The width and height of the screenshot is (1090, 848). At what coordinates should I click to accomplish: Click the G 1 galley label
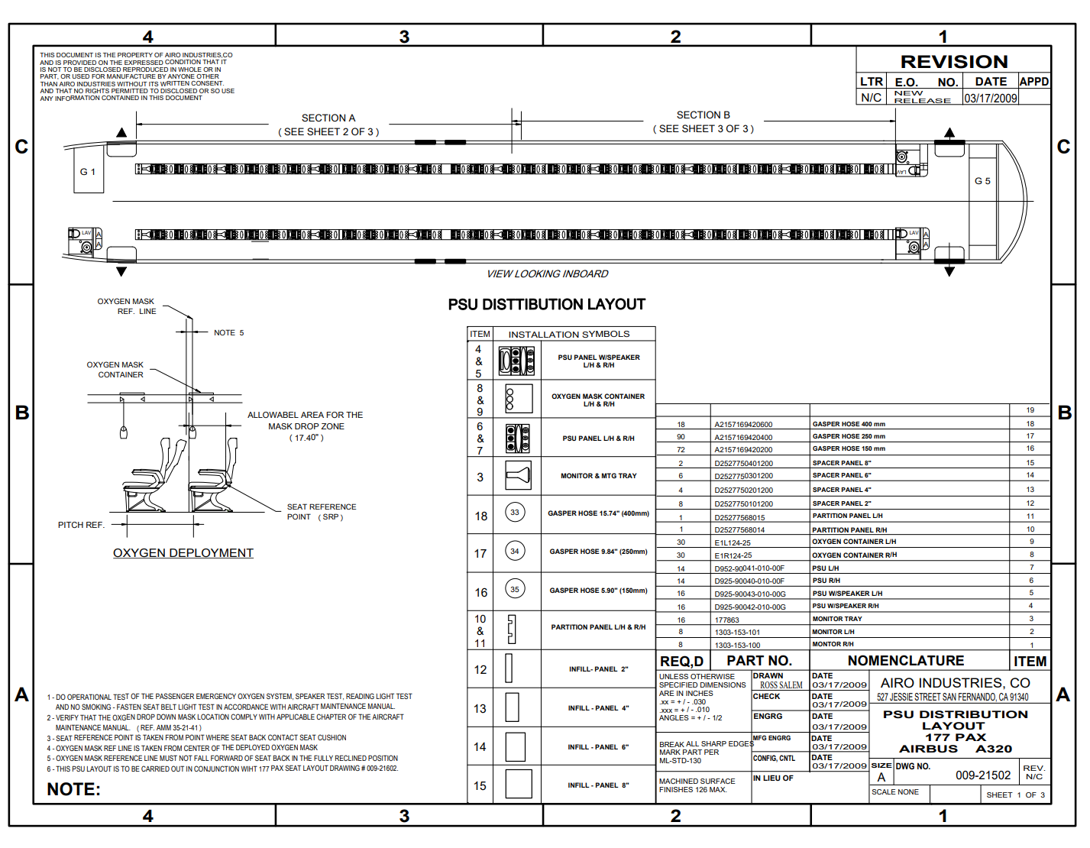[88, 172]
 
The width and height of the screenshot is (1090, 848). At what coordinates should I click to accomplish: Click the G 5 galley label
[982, 181]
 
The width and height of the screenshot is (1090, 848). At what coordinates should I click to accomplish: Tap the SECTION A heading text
[328, 118]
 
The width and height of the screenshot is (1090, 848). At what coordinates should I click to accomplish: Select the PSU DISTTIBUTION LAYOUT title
[547, 305]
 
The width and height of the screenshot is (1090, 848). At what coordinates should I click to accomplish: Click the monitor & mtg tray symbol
[517, 475]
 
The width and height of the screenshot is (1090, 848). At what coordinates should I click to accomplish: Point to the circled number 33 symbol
[515, 513]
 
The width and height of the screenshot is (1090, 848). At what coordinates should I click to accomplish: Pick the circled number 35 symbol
[515, 589]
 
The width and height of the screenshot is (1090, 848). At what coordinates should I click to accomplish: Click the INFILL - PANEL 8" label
[598, 785]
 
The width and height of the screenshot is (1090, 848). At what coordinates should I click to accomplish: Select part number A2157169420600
[743, 425]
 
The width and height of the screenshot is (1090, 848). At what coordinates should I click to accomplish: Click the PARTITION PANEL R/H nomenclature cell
[849, 530]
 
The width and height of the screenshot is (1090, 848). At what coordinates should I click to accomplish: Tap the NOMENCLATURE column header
[905, 661]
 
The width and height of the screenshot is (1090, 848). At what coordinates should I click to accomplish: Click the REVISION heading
[954, 62]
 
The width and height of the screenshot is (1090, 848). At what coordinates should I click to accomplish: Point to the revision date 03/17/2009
[991, 99]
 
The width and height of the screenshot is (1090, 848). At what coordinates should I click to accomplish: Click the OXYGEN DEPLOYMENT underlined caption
[183, 553]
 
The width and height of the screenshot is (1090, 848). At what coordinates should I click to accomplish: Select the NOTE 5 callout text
[228, 333]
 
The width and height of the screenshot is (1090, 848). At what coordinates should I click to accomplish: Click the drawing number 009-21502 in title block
[983, 775]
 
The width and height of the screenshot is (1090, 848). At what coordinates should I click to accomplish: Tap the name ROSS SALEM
[781, 685]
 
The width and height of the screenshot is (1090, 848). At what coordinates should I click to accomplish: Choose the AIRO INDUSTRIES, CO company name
[955, 683]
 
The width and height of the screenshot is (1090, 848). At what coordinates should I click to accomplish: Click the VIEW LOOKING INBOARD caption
[548, 274]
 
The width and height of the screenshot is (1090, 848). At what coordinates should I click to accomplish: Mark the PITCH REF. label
[81, 525]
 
